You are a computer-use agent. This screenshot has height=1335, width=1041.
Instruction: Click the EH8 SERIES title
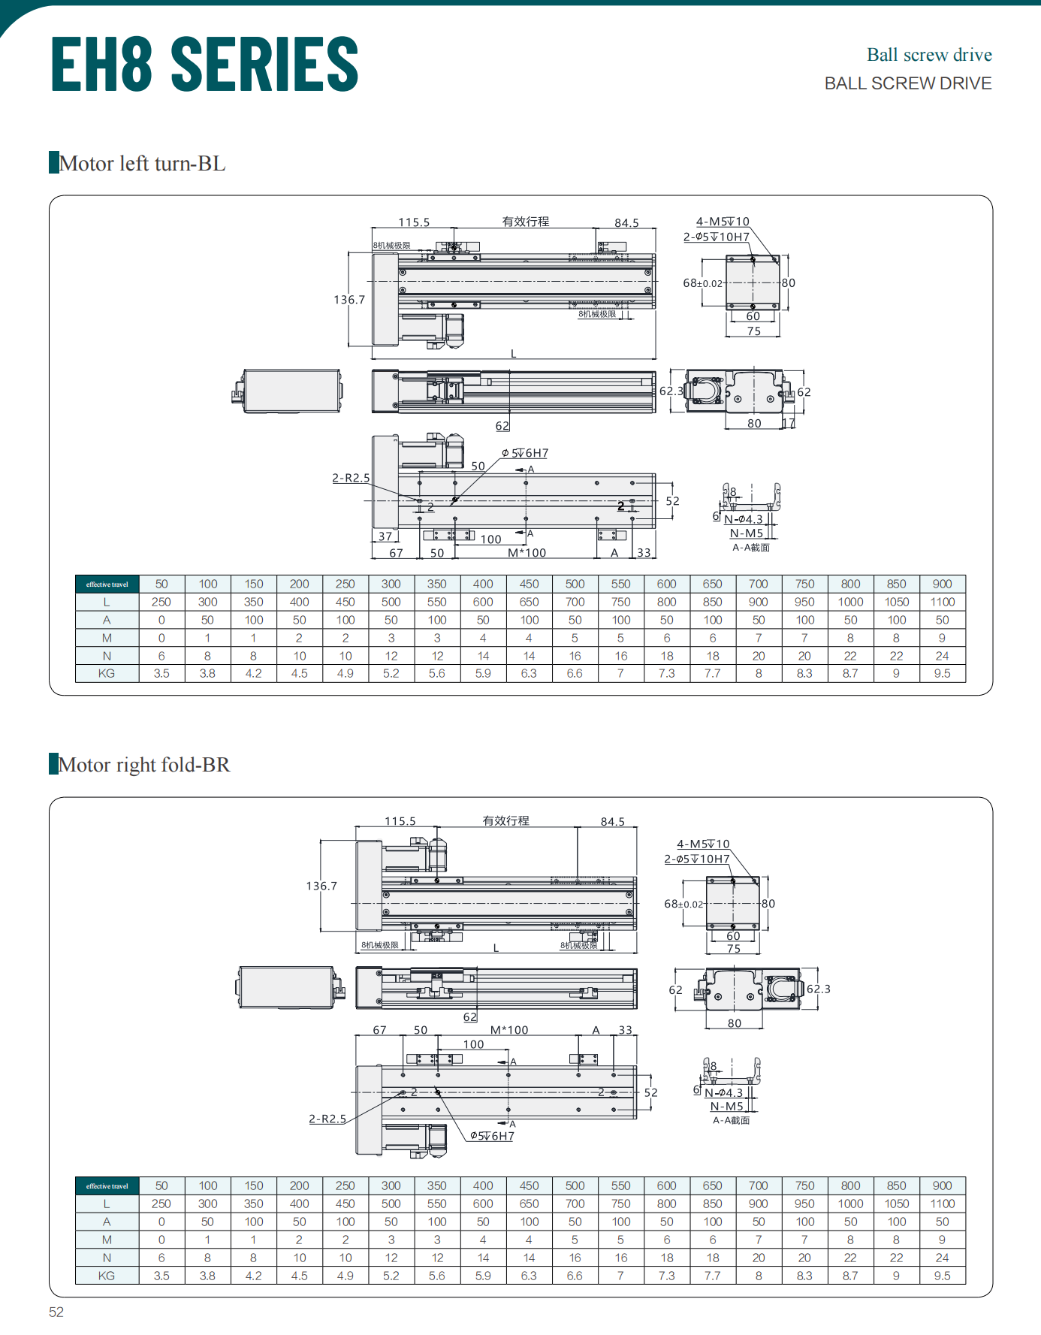click(x=204, y=65)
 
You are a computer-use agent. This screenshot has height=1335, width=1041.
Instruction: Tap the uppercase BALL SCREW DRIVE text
click(x=908, y=83)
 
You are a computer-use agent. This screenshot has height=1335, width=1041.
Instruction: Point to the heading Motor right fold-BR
click(x=144, y=765)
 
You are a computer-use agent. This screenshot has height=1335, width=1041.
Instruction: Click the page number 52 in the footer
click(x=56, y=1312)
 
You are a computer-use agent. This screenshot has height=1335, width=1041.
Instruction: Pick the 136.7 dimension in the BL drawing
click(x=349, y=300)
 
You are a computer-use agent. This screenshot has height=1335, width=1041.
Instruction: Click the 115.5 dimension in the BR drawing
click(x=400, y=821)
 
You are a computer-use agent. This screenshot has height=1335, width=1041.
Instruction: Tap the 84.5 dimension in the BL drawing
click(x=626, y=223)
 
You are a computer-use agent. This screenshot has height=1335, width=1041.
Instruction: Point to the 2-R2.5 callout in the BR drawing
click(x=327, y=1119)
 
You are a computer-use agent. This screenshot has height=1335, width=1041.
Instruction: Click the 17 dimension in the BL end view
click(x=789, y=424)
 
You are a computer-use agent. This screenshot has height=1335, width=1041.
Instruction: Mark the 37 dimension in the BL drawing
click(x=385, y=536)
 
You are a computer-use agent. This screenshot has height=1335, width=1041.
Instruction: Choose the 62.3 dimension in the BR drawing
click(x=819, y=989)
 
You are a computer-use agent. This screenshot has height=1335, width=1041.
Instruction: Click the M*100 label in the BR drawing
click(x=509, y=1030)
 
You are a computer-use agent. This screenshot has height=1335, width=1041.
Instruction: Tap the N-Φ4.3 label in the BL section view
click(x=744, y=519)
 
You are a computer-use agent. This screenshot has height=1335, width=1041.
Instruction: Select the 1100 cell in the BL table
click(x=943, y=602)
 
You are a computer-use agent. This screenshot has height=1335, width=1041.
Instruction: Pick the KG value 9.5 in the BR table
click(x=943, y=1276)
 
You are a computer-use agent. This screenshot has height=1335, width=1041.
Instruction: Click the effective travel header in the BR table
click(x=107, y=1186)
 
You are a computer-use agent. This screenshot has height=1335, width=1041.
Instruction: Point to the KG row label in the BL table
click(x=107, y=673)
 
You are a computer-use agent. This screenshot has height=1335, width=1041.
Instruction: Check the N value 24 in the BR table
click(x=943, y=1258)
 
